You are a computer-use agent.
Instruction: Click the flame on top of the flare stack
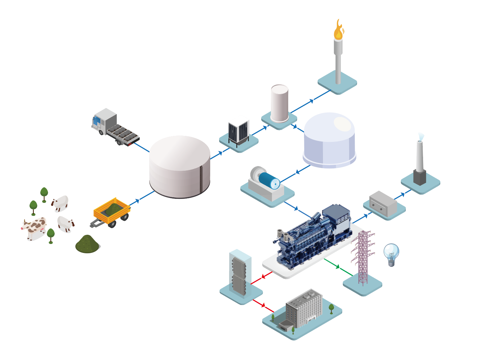(x=338, y=30)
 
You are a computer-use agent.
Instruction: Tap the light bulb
(x=391, y=254)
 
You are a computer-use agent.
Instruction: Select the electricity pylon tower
(x=363, y=257)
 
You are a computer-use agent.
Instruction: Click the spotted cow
(x=34, y=228)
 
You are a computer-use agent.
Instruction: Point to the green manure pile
(x=87, y=245)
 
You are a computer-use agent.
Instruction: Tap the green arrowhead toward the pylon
(x=338, y=267)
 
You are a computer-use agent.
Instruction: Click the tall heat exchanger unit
(x=240, y=273)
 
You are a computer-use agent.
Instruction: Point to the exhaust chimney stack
(x=420, y=162)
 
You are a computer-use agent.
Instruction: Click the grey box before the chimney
(x=383, y=204)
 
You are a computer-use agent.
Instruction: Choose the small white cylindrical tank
(x=280, y=103)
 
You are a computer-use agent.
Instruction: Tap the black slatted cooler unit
(x=238, y=132)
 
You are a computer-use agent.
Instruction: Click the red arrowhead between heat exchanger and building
(x=263, y=305)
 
